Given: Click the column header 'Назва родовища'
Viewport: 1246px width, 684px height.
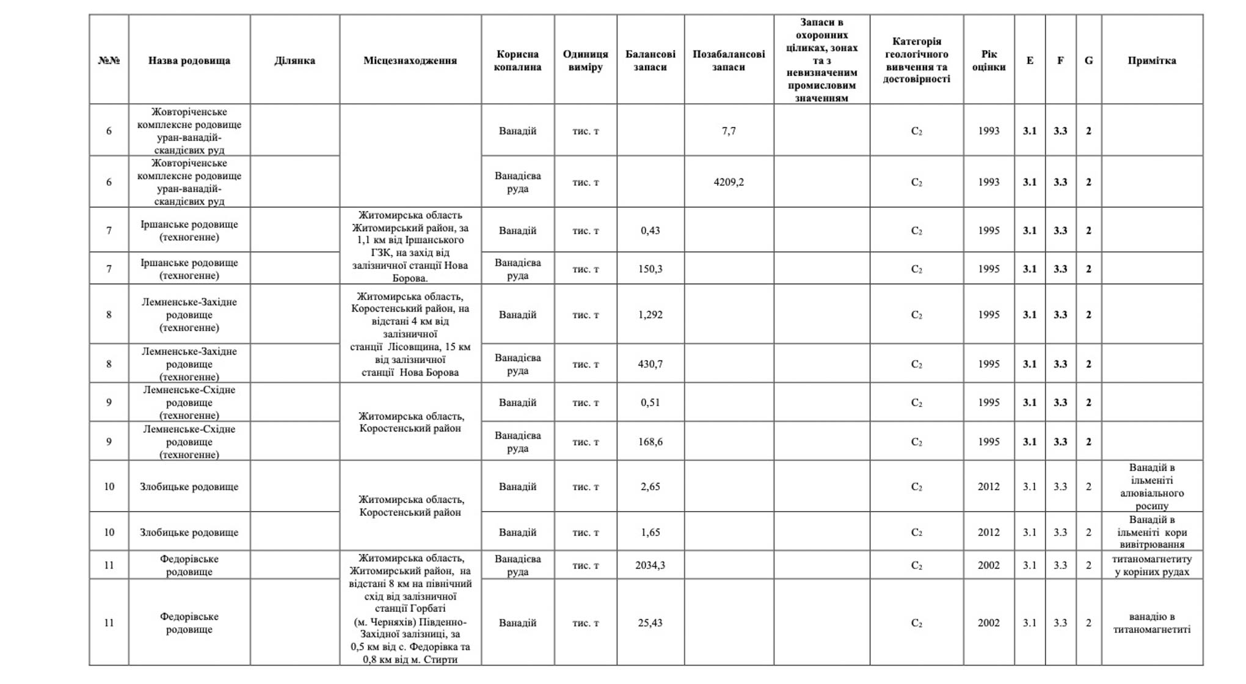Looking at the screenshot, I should click(x=189, y=61).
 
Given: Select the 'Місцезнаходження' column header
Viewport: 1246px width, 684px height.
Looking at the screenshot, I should click(x=410, y=61).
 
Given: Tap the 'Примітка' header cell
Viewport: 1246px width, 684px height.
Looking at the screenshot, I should click(x=1151, y=61).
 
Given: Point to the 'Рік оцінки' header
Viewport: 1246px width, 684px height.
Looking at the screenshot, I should click(x=988, y=61).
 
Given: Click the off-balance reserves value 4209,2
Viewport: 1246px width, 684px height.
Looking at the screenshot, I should click(x=728, y=182).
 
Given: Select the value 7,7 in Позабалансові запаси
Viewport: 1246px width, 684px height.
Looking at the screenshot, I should click(x=728, y=131).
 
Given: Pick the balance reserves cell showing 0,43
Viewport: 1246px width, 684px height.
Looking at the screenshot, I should click(x=650, y=230).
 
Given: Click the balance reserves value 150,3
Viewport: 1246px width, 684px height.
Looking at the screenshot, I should click(x=650, y=269).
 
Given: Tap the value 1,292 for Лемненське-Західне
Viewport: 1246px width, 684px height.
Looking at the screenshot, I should click(x=650, y=315).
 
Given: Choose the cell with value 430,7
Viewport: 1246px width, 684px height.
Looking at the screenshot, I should click(x=650, y=364).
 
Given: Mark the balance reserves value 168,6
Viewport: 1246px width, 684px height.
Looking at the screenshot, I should click(x=650, y=442).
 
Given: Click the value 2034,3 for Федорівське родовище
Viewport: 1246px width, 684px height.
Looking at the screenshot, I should click(x=650, y=565).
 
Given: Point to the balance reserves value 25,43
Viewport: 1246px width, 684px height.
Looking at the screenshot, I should click(x=650, y=623).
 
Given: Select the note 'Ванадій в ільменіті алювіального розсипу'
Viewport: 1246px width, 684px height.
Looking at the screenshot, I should click(x=1151, y=487).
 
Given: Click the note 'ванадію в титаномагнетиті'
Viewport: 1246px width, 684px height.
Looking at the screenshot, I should click(x=1151, y=623).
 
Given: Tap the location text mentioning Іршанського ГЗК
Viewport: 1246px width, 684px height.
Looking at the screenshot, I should click(x=410, y=246).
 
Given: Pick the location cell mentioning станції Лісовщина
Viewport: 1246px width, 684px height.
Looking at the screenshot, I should click(x=410, y=334).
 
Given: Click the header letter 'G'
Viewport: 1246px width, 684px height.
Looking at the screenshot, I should click(x=1088, y=61).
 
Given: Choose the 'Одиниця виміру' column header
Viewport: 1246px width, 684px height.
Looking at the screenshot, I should click(x=585, y=61).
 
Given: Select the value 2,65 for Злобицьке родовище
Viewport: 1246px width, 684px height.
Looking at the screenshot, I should click(x=650, y=487).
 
